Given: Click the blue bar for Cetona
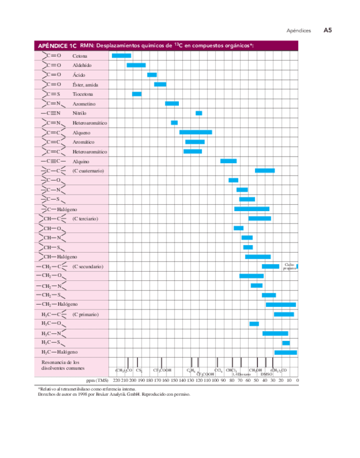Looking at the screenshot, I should (121, 56).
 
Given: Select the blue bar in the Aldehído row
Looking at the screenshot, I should (136, 65).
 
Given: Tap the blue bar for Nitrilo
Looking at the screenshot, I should (199, 113).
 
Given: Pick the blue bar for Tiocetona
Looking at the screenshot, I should (137, 94).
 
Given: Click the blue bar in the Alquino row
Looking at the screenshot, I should (228, 161).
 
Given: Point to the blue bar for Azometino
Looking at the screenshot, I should (172, 103).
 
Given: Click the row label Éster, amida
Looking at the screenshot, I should (85, 85).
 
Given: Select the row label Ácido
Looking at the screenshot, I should (78, 75).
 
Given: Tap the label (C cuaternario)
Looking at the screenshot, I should (88, 171).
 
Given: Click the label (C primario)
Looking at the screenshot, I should (85, 314).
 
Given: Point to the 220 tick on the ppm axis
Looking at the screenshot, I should (116, 380).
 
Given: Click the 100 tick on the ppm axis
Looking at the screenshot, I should (215, 380).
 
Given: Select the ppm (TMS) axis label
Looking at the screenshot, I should (98, 380).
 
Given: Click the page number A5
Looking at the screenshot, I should (328, 31).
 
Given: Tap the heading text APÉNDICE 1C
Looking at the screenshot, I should (56, 46).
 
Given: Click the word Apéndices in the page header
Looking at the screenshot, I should (298, 31).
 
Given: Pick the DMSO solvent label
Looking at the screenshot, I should (266, 374).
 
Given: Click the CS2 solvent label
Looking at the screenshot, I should (139, 370).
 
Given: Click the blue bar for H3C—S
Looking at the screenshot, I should (286, 343).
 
